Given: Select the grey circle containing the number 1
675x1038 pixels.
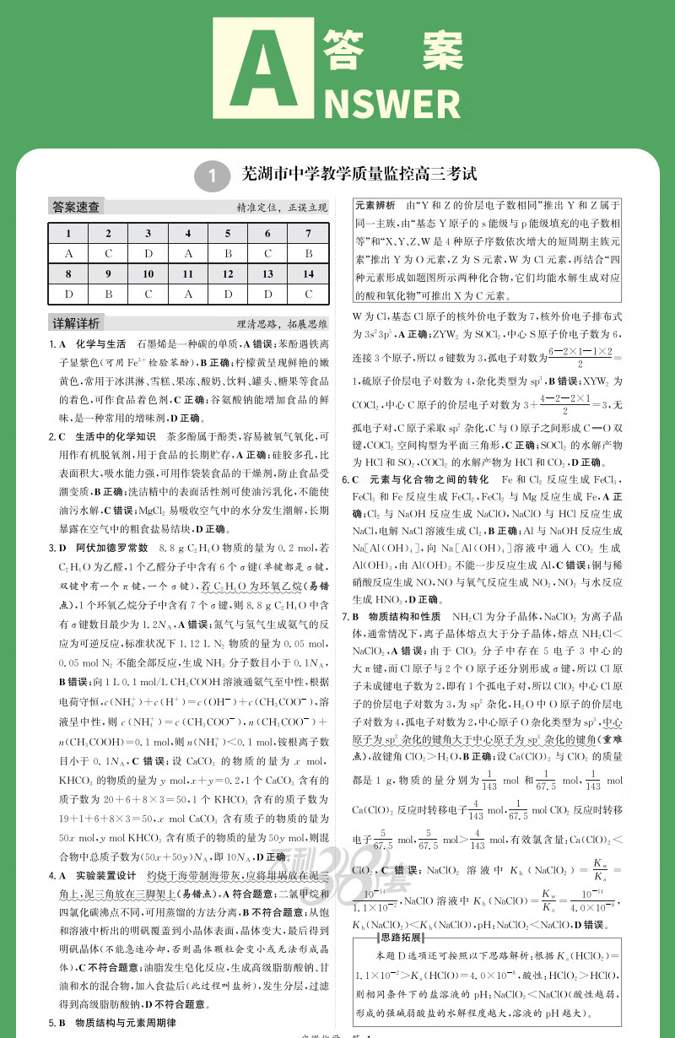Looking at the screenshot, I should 212,176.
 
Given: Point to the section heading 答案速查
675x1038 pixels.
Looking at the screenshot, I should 76,207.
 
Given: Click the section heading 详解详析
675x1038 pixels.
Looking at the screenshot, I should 76,324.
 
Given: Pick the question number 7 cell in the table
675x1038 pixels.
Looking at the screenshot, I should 309,234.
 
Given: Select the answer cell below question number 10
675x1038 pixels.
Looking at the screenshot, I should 148,295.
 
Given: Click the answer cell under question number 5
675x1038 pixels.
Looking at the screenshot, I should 228,254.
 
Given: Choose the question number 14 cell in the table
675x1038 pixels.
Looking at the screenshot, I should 309,274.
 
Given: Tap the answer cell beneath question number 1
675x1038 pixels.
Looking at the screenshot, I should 67,254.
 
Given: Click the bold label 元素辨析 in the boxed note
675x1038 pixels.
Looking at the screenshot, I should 375,205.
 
